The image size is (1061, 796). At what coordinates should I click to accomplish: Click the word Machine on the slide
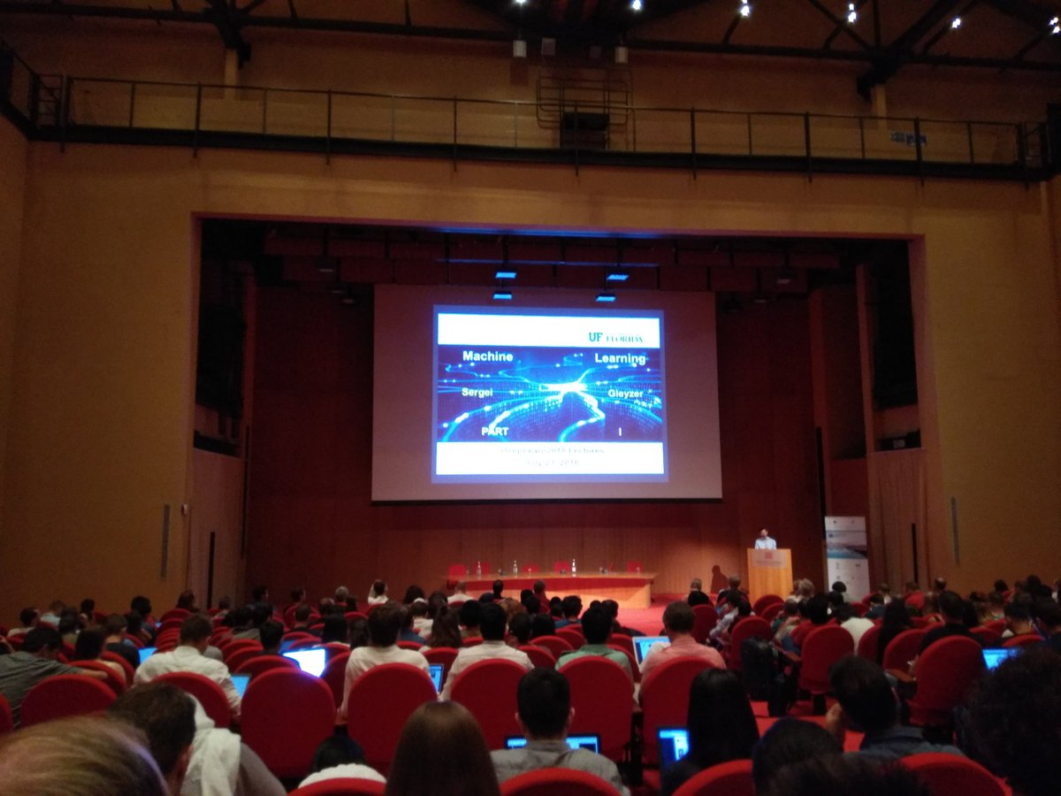[487, 356]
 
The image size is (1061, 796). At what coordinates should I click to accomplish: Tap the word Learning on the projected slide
[620, 358]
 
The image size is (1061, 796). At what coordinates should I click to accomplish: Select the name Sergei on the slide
[476, 392]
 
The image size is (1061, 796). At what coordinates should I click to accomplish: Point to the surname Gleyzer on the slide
[625, 393]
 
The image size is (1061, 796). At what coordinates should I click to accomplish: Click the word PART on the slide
[494, 431]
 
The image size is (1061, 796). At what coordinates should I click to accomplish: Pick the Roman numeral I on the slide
[620, 431]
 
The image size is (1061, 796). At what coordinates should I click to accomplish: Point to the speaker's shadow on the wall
[719, 579]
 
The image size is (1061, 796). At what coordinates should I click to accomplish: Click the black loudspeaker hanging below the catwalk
[584, 129]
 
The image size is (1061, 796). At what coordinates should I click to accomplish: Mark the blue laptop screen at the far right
[998, 658]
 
